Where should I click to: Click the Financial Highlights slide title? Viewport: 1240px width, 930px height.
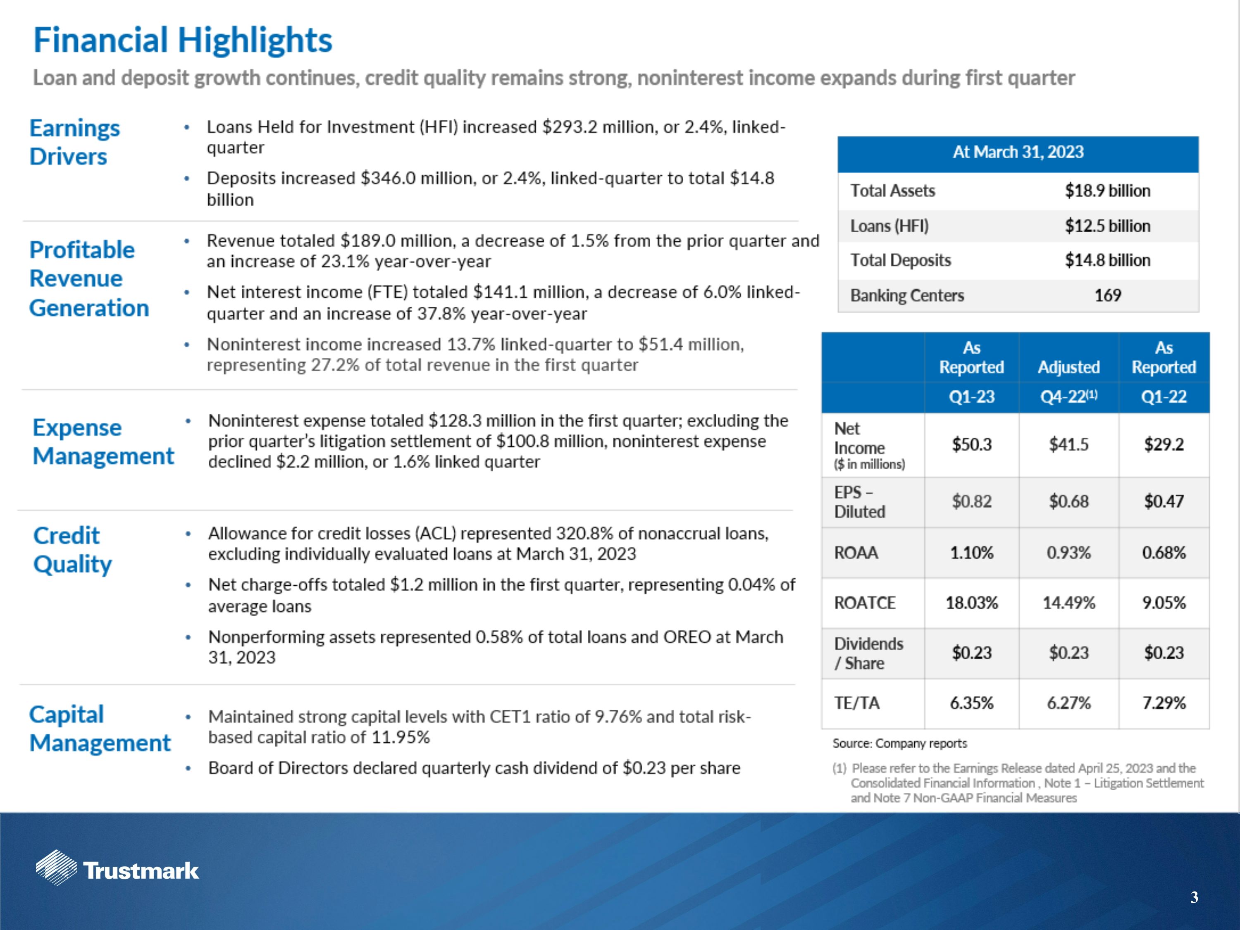click(183, 41)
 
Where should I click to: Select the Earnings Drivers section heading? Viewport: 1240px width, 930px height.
click(74, 142)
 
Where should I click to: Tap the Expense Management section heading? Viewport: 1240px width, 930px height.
click(103, 442)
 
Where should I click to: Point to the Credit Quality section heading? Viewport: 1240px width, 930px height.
click(72, 550)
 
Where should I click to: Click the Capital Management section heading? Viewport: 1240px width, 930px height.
click(100, 729)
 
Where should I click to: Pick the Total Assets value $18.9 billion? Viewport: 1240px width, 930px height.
click(1107, 191)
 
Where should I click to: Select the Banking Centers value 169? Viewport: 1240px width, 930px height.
click(1107, 296)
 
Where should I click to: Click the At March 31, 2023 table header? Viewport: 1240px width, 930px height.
click(1018, 153)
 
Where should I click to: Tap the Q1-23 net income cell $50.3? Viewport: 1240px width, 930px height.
click(971, 444)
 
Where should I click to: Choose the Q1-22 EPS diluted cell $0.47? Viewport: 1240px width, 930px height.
click(1164, 501)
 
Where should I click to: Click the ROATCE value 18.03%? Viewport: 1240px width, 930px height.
click(971, 603)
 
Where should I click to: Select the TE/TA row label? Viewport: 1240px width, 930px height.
click(856, 703)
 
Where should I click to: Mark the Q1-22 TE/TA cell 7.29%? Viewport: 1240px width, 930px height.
click(1164, 703)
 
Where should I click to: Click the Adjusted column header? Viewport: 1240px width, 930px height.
click(1068, 367)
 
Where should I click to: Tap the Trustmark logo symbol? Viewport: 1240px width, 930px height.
click(56, 868)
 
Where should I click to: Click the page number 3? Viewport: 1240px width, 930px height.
click(1194, 897)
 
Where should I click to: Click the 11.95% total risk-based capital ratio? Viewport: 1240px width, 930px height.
click(400, 737)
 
